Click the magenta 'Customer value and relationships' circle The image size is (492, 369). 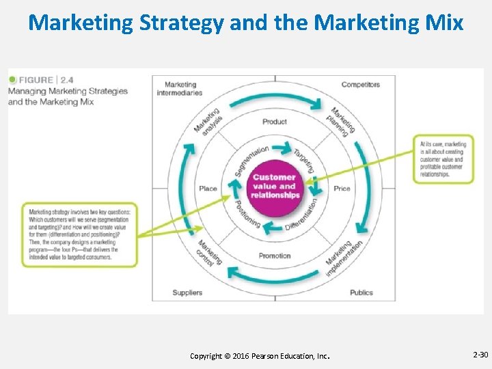click(x=275, y=186)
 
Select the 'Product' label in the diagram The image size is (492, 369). click(x=275, y=122)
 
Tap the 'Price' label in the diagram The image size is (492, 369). click(x=342, y=188)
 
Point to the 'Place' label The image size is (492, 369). click(x=208, y=188)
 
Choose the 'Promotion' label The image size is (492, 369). click(x=275, y=256)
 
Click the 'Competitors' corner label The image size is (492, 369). click(x=360, y=85)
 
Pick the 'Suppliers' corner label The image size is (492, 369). click(x=187, y=292)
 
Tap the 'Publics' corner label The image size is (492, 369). click(x=361, y=292)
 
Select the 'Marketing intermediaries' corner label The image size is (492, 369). click(x=180, y=89)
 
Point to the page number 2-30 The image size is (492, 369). click(x=480, y=355)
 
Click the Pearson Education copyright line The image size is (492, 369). click(x=260, y=356)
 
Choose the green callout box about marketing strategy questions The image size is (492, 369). click(x=79, y=234)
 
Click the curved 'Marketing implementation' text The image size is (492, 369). click(x=339, y=257)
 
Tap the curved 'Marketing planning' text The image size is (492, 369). click(x=342, y=122)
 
